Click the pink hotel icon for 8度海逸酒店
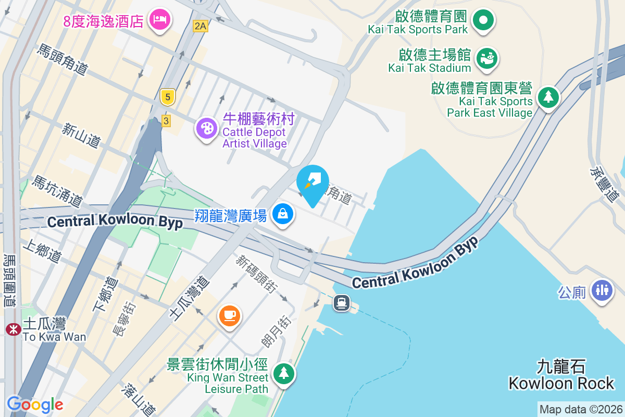[x=159, y=20]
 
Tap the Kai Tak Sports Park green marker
[x=483, y=20]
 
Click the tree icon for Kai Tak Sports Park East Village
[x=547, y=97]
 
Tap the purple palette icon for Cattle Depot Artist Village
[x=207, y=127]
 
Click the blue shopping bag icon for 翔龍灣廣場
[x=283, y=214]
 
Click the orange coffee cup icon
[x=229, y=315]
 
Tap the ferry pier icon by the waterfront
[x=342, y=302]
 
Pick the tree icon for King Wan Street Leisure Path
[x=283, y=373]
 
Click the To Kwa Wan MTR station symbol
[x=12, y=329]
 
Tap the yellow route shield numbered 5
[x=167, y=96]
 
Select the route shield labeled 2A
[x=200, y=26]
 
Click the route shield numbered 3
[x=166, y=120]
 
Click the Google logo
[x=35, y=404]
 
